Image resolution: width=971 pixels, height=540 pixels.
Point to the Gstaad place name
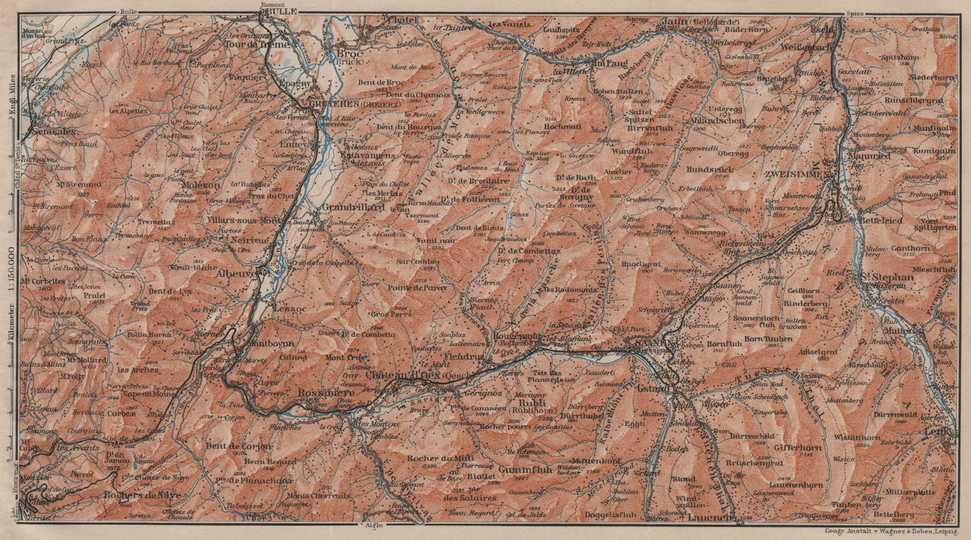(x=654, y=388)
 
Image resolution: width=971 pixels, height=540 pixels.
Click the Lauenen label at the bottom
(x=711, y=518)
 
